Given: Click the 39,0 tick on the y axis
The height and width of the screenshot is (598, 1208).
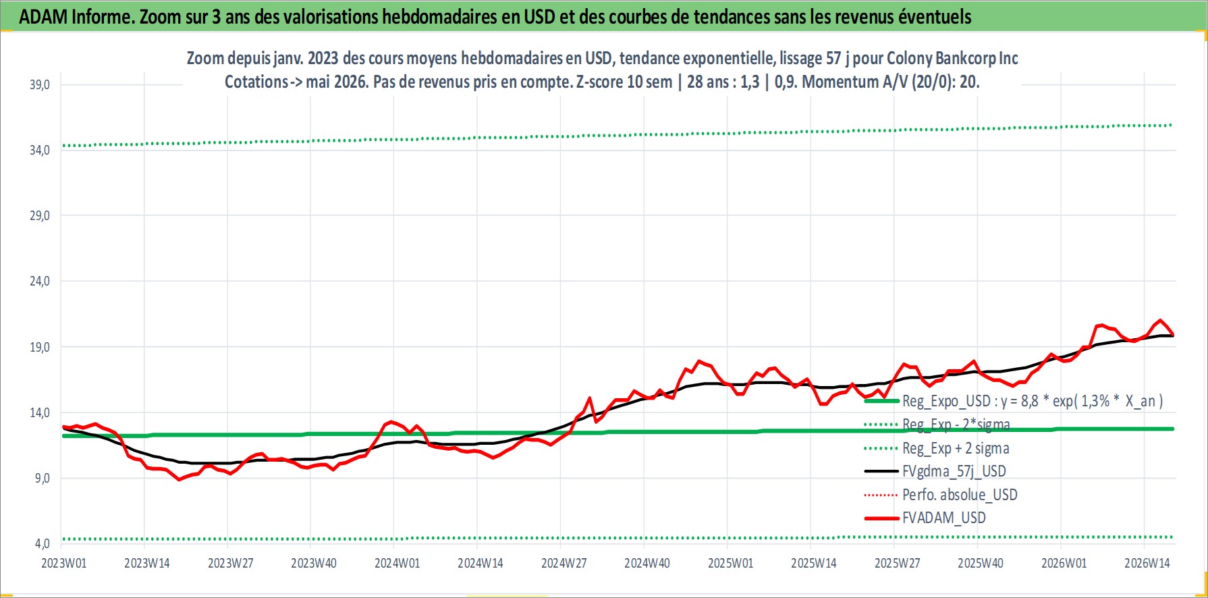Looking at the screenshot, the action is click(40, 85).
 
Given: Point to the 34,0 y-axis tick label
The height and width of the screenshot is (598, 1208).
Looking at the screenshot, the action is click(40, 151).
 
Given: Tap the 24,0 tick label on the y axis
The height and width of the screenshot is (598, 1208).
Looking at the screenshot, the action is click(40, 281).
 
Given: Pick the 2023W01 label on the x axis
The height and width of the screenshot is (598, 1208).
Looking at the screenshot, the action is click(64, 564).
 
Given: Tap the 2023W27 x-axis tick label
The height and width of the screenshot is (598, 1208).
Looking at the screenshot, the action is click(231, 564).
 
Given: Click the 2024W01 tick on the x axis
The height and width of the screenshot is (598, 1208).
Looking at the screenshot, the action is click(397, 564).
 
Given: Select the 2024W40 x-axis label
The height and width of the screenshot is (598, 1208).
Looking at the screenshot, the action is click(647, 564).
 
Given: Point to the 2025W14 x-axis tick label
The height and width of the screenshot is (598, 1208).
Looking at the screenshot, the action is click(814, 564).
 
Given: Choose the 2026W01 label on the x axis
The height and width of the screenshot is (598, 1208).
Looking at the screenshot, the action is click(1064, 564).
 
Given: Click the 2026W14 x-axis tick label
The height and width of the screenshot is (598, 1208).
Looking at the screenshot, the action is click(1147, 564).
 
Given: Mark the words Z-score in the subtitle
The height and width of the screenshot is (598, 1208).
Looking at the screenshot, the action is click(599, 82).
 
